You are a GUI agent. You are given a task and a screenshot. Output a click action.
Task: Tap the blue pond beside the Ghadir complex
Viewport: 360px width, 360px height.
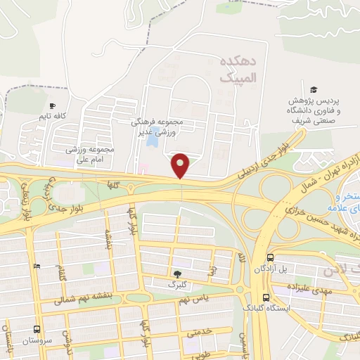pos(152,140)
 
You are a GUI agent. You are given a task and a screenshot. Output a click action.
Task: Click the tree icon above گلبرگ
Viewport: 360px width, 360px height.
pos(176,274)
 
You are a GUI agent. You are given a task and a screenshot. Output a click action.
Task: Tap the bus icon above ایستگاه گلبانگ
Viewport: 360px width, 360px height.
pos(266,297)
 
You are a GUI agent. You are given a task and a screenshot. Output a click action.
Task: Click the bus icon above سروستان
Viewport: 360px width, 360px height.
pos(37,328)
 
